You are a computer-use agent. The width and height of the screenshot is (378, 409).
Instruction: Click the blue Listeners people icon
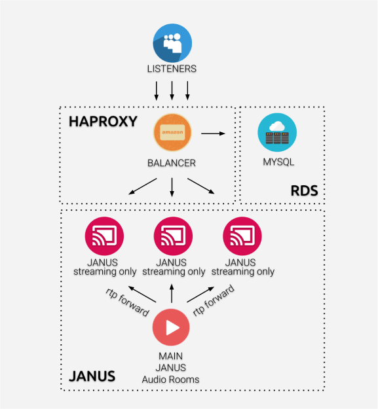tap(172, 43)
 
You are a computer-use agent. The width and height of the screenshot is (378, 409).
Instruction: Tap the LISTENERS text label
tap(172, 69)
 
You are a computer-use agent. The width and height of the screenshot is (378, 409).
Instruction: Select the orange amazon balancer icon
tap(172, 132)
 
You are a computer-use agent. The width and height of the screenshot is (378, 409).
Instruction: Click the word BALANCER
tap(172, 163)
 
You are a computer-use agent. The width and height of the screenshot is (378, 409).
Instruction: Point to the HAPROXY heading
tap(103, 122)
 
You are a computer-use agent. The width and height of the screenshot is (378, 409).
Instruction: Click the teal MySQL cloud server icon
tap(277, 132)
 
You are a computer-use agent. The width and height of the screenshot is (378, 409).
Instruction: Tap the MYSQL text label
tap(278, 162)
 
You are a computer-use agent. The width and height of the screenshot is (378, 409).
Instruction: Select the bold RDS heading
tap(305, 190)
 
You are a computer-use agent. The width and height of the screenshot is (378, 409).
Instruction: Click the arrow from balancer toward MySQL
tap(213, 133)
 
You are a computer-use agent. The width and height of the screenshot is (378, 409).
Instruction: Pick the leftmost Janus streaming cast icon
tap(104, 236)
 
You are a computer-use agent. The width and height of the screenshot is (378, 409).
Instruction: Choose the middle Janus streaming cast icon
tap(173, 236)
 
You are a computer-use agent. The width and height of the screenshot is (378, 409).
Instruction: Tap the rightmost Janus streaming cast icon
tap(242, 236)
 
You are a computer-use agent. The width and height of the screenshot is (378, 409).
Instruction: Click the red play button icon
tap(171, 327)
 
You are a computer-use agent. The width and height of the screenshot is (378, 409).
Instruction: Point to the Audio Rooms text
tap(170, 380)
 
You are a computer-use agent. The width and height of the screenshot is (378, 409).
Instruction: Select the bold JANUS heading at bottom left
tap(92, 376)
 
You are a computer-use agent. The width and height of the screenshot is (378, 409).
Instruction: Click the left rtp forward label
tap(127, 302)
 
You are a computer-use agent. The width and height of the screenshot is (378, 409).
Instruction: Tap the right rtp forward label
tap(214, 300)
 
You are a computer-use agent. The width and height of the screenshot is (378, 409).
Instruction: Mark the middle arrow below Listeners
tap(172, 90)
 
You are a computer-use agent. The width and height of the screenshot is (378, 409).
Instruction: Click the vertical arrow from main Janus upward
tap(172, 293)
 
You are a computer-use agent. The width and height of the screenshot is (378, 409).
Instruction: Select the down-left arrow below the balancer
tap(143, 187)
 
